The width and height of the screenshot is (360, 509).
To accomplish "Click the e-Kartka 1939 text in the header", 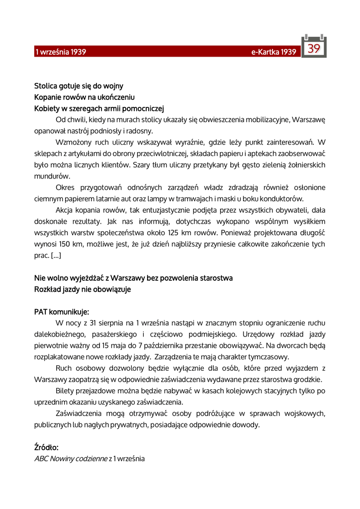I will click(273, 52).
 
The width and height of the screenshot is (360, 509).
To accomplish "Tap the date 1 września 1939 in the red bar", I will click(60, 52).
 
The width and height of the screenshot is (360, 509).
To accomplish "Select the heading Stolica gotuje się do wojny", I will click(79, 86).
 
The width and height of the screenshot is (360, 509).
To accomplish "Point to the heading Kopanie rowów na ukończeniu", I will click(85, 97).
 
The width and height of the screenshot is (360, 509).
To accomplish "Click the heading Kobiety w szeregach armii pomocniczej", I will click(99, 108).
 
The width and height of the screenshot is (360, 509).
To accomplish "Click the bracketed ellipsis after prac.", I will click(56, 255).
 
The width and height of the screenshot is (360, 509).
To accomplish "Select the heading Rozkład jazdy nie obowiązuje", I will click(83, 289).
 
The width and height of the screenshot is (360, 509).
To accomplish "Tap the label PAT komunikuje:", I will click(62, 312).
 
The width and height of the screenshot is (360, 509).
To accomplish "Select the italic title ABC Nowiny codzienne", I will click(71, 459).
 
